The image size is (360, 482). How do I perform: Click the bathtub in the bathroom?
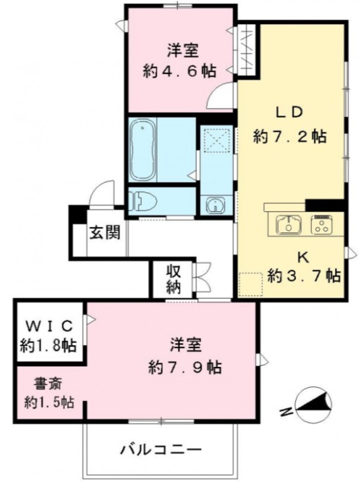tap(142, 149)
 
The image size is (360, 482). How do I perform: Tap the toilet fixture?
tap(142, 201)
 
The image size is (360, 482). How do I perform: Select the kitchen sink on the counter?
tap(289, 224)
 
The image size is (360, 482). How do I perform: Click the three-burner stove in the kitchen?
tap(321, 224)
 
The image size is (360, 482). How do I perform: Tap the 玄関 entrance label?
tap(104, 233)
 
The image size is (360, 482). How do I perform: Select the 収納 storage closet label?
tap(174, 279)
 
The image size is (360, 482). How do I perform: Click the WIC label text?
tap(49, 326)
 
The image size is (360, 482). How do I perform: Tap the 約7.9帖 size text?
tap(185, 366)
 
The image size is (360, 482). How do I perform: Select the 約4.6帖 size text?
tap(179, 71)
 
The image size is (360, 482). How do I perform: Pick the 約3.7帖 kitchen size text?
tap(304, 276)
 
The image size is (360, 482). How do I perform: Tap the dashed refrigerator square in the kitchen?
tap(251, 284)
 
